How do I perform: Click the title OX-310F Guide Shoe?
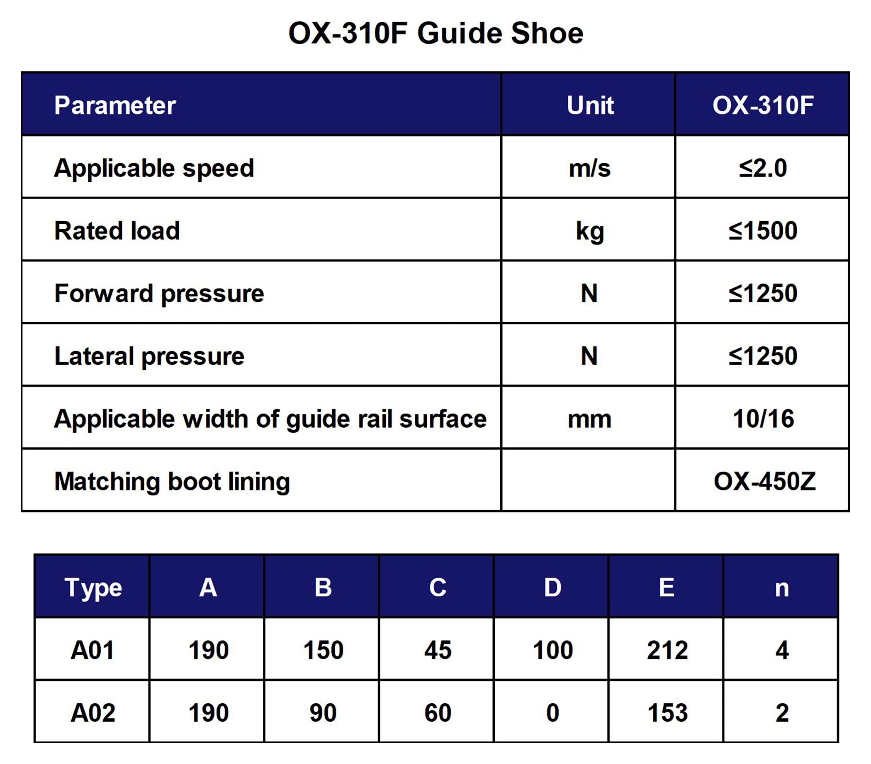[x=436, y=33]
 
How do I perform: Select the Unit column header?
[x=590, y=105]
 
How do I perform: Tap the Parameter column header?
[x=115, y=105]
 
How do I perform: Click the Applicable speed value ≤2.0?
[x=763, y=168]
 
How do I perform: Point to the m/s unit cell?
[x=589, y=168]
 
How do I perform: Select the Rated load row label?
[x=117, y=230]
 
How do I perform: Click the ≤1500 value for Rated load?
[x=763, y=230]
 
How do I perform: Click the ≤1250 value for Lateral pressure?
[x=763, y=356]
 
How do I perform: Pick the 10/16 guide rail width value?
[x=763, y=419]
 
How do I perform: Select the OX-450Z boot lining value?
[x=764, y=481]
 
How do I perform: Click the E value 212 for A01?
[x=667, y=650]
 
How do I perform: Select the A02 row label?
[x=93, y=713]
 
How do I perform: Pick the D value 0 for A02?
[x=552, y=713]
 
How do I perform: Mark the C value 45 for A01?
[x=438, y=650]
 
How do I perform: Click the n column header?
[x=782, y=589]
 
